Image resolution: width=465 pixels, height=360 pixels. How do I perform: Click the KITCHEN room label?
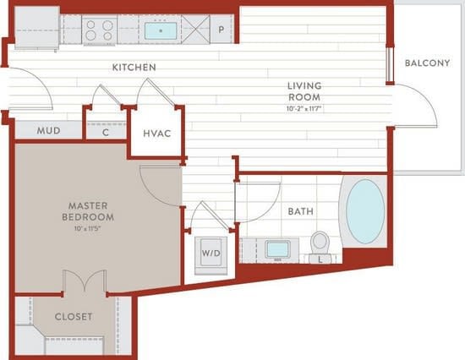(134, 68)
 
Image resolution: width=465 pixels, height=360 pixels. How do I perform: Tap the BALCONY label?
(427, 63)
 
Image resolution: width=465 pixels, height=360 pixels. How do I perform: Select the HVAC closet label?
(157, 134)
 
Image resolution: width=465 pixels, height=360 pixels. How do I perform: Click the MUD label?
(49, 130)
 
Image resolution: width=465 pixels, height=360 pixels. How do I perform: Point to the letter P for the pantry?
(222, 30)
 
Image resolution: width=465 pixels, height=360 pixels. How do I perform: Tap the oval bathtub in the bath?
(365, 211)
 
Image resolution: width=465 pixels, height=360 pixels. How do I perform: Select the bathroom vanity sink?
(277, 249)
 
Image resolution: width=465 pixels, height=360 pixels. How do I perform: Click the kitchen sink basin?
(161, 30)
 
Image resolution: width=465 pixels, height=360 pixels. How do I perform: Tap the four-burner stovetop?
(100, 30)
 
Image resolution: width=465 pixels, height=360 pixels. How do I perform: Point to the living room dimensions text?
(304, 108)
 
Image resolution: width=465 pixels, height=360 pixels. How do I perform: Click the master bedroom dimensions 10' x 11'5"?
(88, 228)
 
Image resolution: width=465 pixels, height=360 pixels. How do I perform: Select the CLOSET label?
(74, 317)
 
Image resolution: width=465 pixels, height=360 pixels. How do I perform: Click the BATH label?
(301, 211)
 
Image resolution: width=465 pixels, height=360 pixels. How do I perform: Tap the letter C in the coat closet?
(106, 133)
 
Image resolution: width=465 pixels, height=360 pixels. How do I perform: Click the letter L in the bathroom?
(320, 260)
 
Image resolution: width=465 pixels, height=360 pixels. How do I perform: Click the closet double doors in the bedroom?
(85, 281)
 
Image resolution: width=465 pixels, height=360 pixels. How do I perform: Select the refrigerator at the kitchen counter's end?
(36, 27)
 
